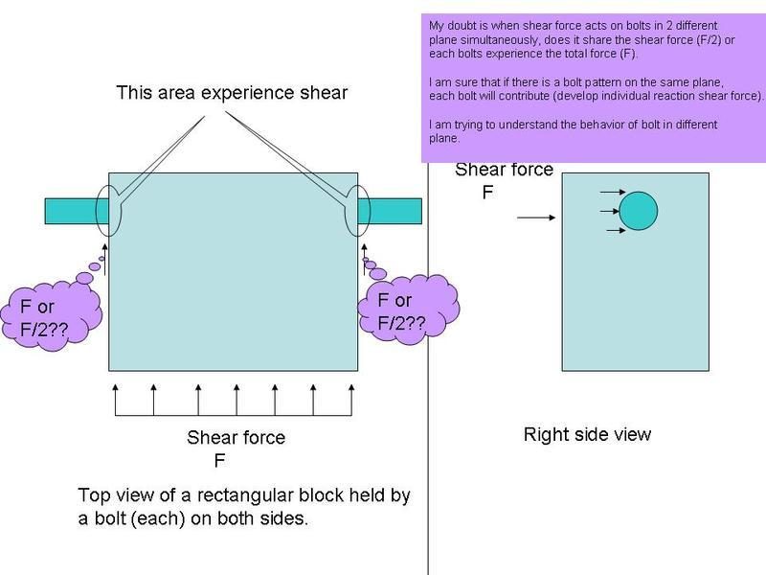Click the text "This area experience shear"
(x=232, y=93)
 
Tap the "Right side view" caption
(x=587, y=434)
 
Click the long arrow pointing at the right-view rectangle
(x=535, y=218)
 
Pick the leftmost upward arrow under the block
(x=116, y=401)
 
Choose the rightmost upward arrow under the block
(x=351, y=401)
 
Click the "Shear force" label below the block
(x=236, y=438)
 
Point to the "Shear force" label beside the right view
(x=504, y=171)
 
